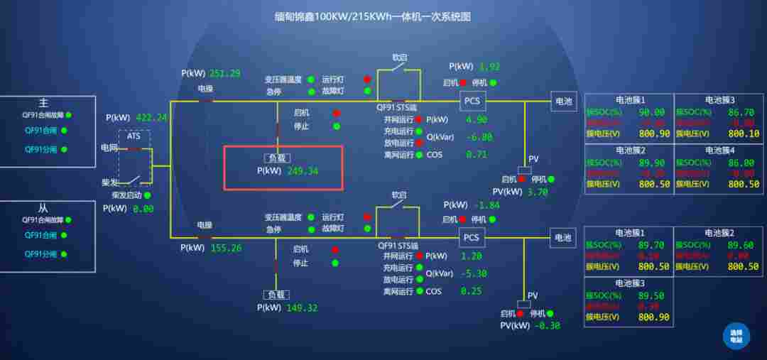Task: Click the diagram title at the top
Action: coord(373,16)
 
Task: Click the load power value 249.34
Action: coord(303,171)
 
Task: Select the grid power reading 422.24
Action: coord(151,118)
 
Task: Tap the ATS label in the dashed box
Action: coord(134,136)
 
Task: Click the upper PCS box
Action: coord(472,101)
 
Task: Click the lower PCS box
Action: coord(472,237)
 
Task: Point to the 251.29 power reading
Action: coord(224,73)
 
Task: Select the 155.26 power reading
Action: coord(226,248)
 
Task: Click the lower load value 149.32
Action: coord(302,308)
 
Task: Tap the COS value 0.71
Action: coord(477,154)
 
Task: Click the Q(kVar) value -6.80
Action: coord(479,137)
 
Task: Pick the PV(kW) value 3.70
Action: coord(538,192)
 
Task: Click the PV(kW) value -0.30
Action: coord(545,326)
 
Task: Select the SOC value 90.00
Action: coord(651,112)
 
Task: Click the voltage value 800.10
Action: coord(744,133)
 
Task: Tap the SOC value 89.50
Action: coord(651,296)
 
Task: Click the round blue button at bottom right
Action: coord(736,335)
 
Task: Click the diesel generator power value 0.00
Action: coord(143,209)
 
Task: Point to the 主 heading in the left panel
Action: coord(44,103)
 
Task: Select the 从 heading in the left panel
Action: coord(43,209)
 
